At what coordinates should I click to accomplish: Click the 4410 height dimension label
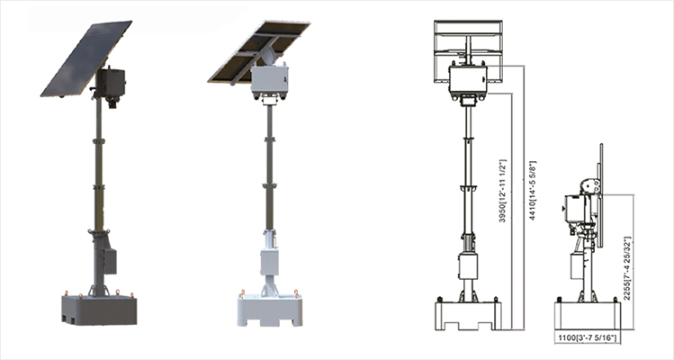(532, 191)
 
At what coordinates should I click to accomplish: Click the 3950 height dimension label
(502, 191)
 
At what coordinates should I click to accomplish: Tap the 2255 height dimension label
(627, 268)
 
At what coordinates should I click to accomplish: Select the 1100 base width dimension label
(588, 337)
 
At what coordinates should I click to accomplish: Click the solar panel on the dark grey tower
(86, 58)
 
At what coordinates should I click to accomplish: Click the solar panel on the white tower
(259, 51)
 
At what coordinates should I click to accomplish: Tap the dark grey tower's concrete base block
(99, 310)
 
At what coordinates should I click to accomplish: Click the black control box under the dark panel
(111, 83)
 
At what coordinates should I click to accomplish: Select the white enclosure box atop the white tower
(270, 79)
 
